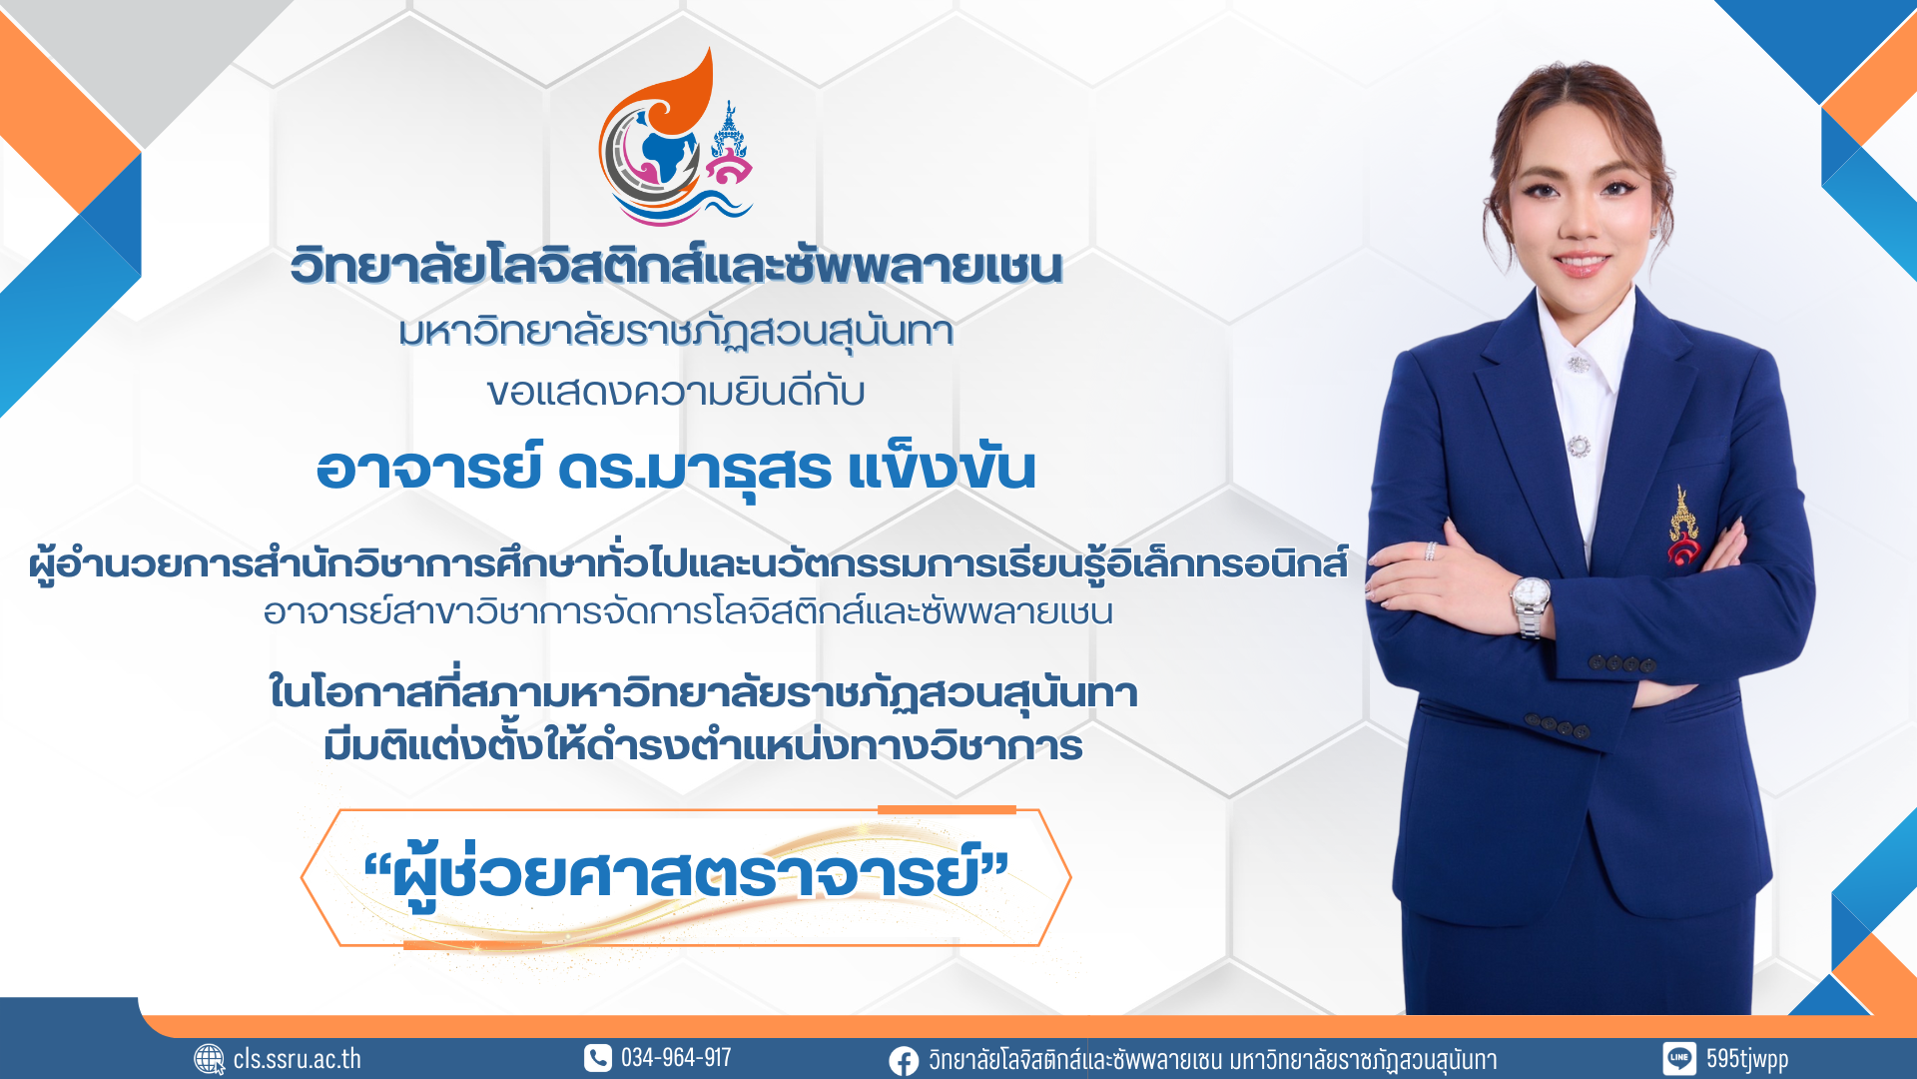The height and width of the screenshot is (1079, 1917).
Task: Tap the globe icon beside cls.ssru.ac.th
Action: coord(209,1059)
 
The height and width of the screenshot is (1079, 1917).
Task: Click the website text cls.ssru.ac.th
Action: coord(298,1059)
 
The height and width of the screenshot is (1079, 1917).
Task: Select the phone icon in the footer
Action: coord(597,1058)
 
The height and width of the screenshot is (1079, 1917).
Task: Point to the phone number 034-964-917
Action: coord(676,1058)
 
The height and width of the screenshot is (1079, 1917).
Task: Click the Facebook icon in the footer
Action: coord(904,1060)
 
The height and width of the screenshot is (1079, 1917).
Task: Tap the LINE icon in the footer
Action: coord(1678,1059)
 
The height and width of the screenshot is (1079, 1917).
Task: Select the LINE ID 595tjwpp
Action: coord(1747,1059)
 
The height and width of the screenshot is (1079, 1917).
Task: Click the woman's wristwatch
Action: coord(1530,605)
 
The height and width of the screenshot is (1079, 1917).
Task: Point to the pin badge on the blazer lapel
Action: coord(1683,526)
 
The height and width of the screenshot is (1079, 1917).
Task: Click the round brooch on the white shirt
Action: coord(1579,446)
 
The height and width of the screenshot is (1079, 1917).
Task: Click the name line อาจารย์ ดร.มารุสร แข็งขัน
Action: coord(676,468)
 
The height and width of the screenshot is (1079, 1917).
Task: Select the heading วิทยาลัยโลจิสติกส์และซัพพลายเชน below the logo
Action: coord(676,266)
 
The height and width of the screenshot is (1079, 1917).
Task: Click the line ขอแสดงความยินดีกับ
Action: coord(676,392)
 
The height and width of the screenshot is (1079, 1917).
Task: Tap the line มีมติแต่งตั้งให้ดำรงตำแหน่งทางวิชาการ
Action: coord(703,745)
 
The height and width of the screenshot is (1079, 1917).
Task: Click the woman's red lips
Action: coord(1582,264)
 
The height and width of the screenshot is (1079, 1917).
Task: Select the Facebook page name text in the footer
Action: coord(1212,1060)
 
